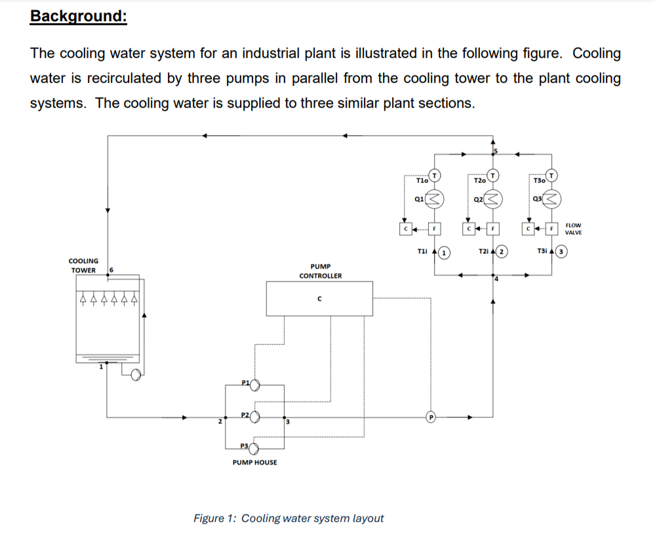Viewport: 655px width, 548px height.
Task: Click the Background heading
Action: (78, 16)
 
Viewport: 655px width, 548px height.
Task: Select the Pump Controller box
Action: (319, 299)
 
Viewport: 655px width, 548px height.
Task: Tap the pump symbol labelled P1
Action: (254, 385)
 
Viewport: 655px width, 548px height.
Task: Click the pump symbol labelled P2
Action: (256, 416)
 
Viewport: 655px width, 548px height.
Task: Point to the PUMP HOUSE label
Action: (255, 463)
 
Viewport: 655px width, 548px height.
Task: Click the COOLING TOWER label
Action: (85, 266)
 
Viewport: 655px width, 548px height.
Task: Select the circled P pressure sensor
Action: (431, 416)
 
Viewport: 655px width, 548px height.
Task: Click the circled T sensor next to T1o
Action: (435, 175)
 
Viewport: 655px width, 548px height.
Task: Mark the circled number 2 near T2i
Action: (502, 251)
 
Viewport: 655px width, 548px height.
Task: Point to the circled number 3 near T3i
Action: (561, 251)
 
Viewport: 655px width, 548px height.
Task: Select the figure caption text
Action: (288, 518)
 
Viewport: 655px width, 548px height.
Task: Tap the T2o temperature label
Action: (479, 180)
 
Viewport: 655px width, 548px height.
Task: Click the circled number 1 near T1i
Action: (444, 251)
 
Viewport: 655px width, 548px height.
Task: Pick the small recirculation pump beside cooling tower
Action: (136, 375)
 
